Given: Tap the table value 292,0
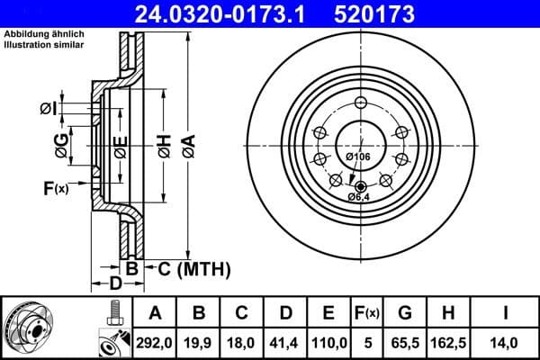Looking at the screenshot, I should pos(155,343).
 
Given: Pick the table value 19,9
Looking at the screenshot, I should pos(200,343).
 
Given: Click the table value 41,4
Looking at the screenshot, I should pos(285,343).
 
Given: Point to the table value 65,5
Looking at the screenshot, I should pos(406,343).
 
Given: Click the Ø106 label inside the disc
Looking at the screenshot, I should pos(358,157).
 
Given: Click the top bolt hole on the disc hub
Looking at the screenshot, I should pos(358,101).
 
